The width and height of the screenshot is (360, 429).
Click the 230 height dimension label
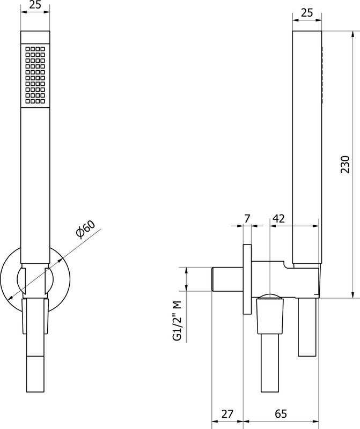346,164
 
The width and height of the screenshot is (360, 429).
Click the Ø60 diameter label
85,229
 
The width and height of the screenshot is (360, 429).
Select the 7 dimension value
247,218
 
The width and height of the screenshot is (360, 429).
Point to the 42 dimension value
278,218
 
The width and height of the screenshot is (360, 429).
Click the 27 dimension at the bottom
227,414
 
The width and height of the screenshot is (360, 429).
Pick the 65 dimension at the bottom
281,414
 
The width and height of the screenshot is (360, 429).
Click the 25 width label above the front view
35,5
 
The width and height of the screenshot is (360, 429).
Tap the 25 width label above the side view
306,12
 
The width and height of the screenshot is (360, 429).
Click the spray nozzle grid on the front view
35,75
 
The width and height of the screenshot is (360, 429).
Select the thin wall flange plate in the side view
247,279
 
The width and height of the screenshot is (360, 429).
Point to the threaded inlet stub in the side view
227,279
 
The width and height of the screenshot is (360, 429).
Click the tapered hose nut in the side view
270,316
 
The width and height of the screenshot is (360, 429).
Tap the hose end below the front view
35,374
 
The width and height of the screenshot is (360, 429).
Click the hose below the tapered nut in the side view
270,363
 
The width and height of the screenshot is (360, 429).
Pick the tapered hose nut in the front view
35,316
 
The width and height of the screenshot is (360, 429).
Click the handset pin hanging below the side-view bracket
307,327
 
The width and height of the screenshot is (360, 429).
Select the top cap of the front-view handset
35,37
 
